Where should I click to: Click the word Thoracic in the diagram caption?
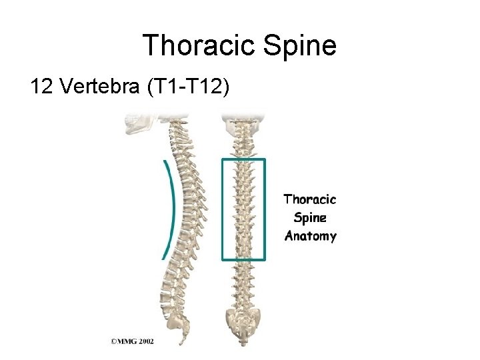click(310, 199)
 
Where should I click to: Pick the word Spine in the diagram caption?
click(310, 217)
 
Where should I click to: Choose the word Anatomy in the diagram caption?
click(310, 235)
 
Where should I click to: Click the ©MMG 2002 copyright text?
click(132, 341)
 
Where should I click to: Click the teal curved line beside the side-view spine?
click(172, 200)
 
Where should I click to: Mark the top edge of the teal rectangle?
click(243, 159)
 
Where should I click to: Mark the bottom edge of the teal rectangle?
click(243, 259)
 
